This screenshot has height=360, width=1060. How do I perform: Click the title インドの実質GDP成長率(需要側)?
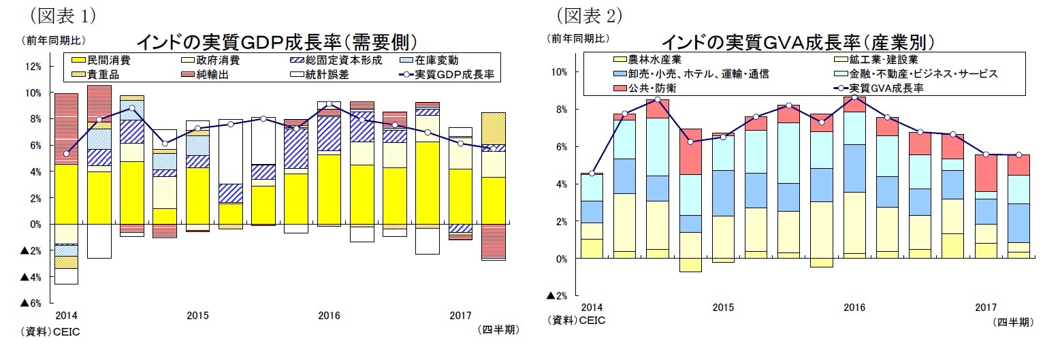click(276, 42)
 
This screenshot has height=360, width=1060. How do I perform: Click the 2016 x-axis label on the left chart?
click(329, 316)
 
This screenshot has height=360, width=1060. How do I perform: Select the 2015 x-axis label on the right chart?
click(723, 308)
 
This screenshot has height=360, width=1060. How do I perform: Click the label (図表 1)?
click(59, 14)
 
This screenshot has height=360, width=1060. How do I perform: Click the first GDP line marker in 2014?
click(66, 154)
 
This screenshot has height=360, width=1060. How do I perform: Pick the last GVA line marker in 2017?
click(1018, 155)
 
